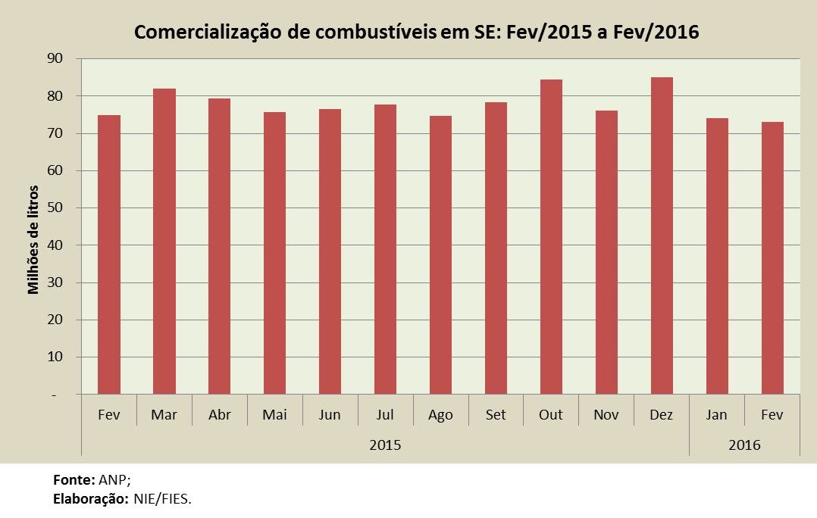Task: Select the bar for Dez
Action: (x=662, y=236)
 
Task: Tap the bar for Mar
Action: (x=164, y=242)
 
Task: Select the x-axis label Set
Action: (x=496, y=415)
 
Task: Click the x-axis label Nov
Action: (x=606, y=415)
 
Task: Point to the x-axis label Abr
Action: (x=219, y=415)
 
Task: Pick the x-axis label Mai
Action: (x=274, y=415)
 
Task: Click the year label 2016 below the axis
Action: (x=744, y=445)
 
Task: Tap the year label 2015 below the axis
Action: (x=385, y=445)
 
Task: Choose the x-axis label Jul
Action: (x=385, y=415)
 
